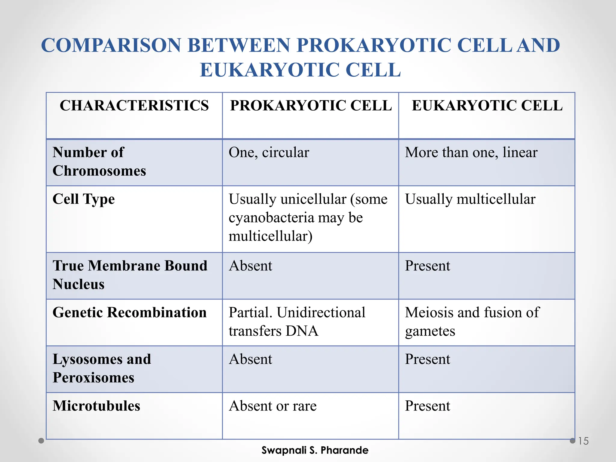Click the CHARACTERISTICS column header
point(134,106)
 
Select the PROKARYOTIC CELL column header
point(311,106)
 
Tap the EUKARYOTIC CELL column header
point(487,106)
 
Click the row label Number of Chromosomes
point(99,162)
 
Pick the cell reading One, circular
point(269,152)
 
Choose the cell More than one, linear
point(471,152)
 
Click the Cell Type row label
point(84,199)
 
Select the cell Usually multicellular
point(470,199)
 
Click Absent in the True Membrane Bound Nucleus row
point(250,266)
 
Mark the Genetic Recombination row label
point(129,313)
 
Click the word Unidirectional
point(321,313)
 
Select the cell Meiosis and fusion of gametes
point(472,321)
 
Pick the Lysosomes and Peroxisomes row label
point(102,368)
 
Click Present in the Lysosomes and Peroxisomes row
point(427,359)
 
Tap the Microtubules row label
point(96,406)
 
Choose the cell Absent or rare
point(273,406)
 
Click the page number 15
point(583,441)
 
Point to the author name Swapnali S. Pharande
point(315,450)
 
